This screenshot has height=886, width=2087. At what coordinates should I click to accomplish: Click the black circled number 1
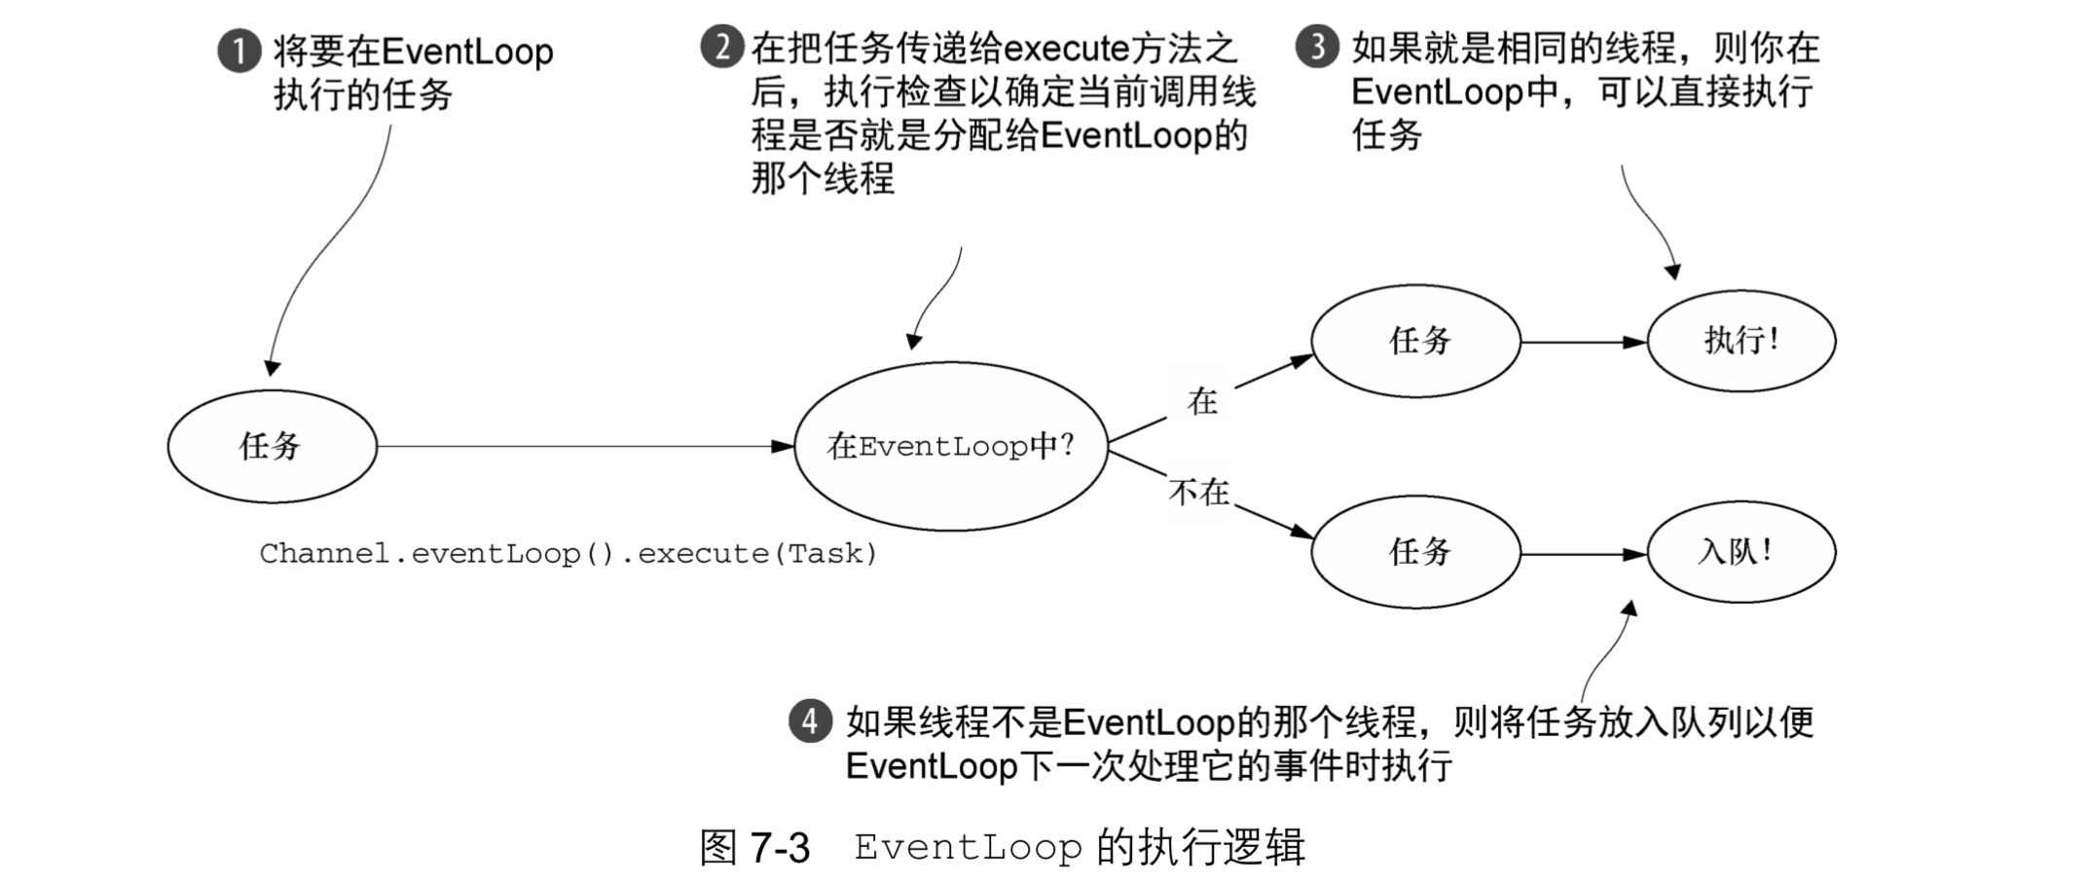238,51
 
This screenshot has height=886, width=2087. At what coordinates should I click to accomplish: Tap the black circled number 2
721,47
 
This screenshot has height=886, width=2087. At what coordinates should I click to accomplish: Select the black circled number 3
1317,47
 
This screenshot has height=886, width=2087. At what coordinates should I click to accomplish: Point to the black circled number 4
810,721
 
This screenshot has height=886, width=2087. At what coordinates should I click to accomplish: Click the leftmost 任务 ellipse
272,447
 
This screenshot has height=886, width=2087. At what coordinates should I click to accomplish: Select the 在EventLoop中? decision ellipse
950,447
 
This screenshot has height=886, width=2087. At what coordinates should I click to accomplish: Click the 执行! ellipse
1740,341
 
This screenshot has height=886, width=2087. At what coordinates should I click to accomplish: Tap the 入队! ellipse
1740,552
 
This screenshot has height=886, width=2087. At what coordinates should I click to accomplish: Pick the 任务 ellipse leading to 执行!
1415,341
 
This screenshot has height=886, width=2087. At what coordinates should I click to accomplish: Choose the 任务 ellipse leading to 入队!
1415,552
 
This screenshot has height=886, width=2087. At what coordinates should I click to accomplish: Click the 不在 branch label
1199,493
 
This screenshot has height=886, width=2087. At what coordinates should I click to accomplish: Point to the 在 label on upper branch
1202,400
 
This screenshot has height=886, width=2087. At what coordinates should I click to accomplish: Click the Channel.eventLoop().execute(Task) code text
568,554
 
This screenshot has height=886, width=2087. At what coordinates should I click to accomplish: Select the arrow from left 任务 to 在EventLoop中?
584,447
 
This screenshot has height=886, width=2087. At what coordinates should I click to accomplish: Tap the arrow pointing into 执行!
1583,342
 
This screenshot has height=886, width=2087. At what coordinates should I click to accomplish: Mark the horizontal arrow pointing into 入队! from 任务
1583,554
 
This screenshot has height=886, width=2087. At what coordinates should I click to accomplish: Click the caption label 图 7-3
754,848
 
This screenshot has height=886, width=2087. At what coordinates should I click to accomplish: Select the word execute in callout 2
1065,49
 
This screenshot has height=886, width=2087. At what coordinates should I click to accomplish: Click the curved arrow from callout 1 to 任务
321,253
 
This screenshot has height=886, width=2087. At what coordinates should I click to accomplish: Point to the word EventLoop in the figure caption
968,848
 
